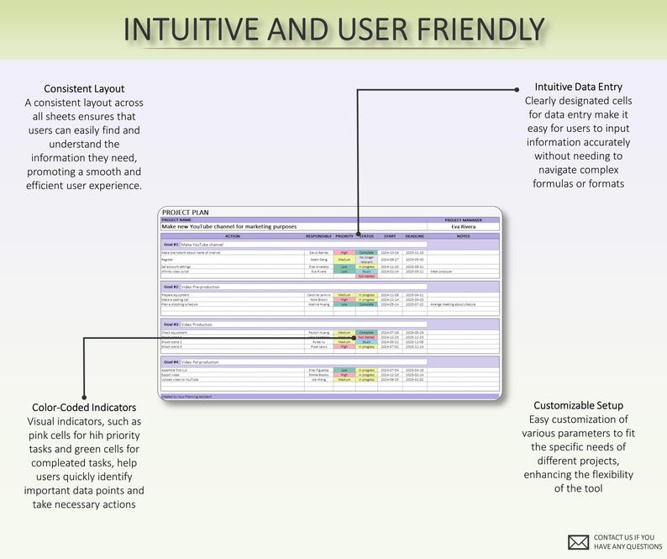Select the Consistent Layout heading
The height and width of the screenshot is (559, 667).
tap(84, 88)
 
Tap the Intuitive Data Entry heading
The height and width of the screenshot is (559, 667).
tap(578, 87)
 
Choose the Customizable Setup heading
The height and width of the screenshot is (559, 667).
tap(578, 405)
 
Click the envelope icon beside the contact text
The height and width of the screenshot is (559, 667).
tap(577, 541)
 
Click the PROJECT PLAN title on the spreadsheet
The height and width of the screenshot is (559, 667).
tap(185, 213)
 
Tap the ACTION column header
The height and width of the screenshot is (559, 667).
tap(233, 236)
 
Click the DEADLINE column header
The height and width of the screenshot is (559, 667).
tap(415, 236)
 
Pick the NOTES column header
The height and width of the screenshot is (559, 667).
tap(463, 236)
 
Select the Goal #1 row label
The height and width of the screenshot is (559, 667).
tap(171, 244)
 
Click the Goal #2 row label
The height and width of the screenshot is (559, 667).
tap(171, 287)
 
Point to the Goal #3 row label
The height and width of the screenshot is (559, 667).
tap(171, 324)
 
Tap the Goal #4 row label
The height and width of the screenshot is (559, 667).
tap(171, 361)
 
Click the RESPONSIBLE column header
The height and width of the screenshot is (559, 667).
tap(318, 236)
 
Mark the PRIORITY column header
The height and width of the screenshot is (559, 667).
tap(344, 236)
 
